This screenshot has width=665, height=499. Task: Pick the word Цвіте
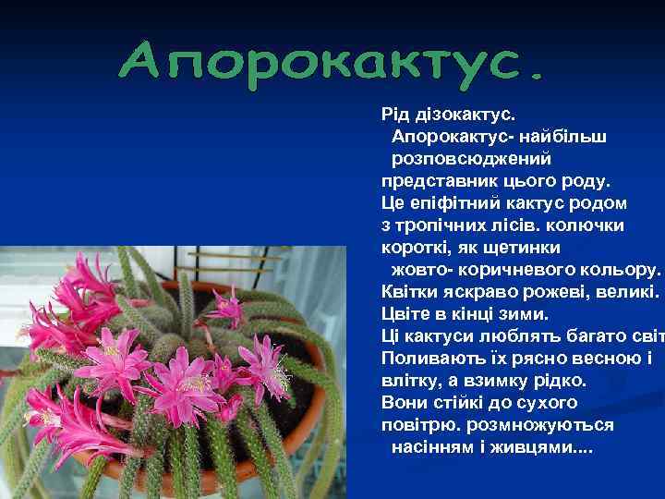click(406, 314)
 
